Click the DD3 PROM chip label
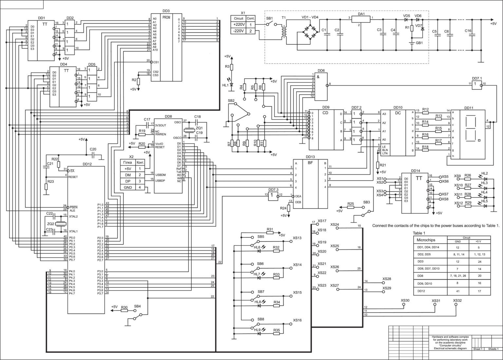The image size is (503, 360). (166, 11)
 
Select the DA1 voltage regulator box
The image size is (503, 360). (361, 19)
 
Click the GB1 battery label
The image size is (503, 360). (419, 43)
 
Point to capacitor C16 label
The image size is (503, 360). (468, 31)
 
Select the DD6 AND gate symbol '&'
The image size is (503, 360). (318, 77)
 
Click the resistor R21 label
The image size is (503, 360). (383, 165)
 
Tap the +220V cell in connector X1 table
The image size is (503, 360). (239, 25)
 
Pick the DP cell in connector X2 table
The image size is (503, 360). (128, 181)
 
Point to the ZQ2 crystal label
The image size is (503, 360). (51, 224)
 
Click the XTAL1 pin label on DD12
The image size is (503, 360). (73, 231)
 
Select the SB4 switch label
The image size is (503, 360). (138, 306)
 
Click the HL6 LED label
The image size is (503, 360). (257, 247)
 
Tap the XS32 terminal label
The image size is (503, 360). (457, 301)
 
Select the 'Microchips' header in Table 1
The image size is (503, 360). (425, 240)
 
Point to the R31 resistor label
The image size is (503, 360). (270, 229)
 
